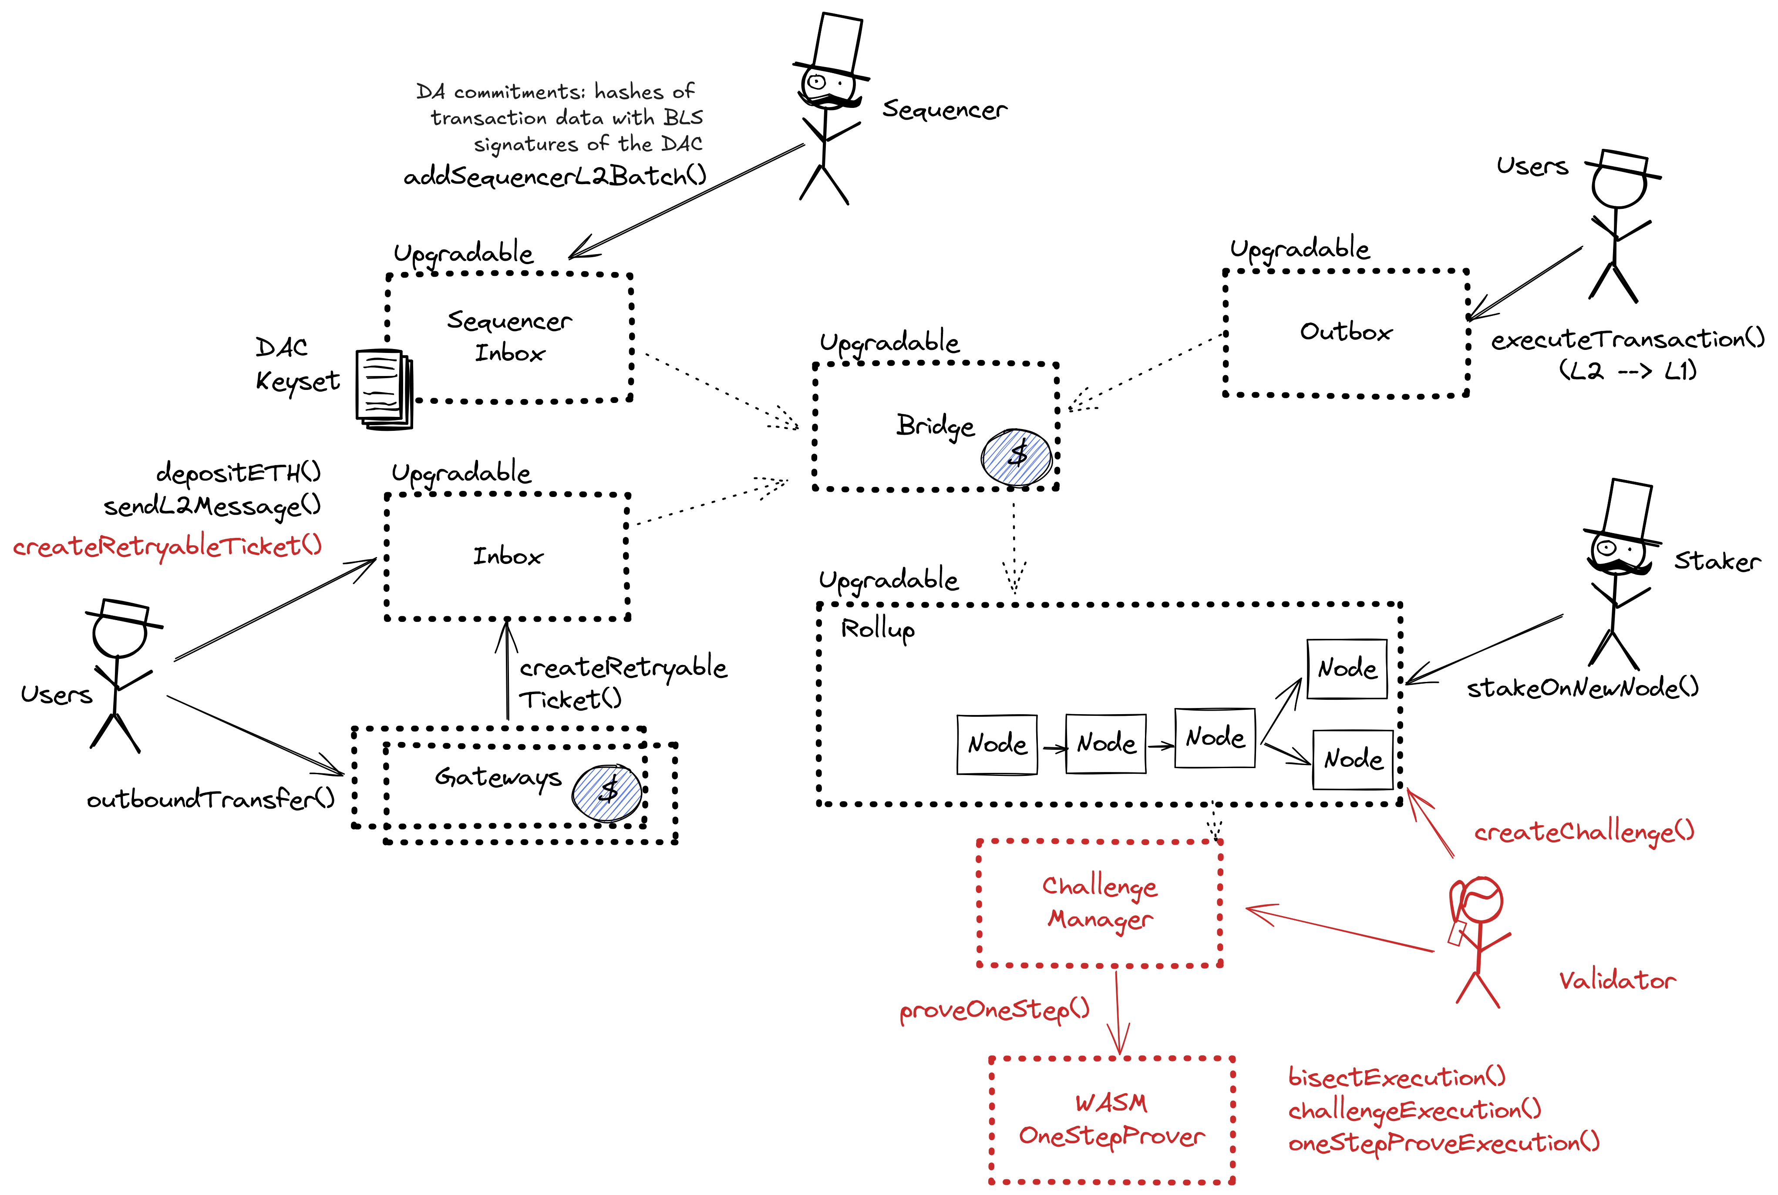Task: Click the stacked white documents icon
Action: (385, 389)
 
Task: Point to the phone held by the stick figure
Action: (1457, 933)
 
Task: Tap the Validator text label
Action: (1617, 981)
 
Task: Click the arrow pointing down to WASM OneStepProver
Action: (1118, 1014)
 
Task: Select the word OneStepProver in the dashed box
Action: (1111, 1136)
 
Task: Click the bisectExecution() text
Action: (1397, 1077)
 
